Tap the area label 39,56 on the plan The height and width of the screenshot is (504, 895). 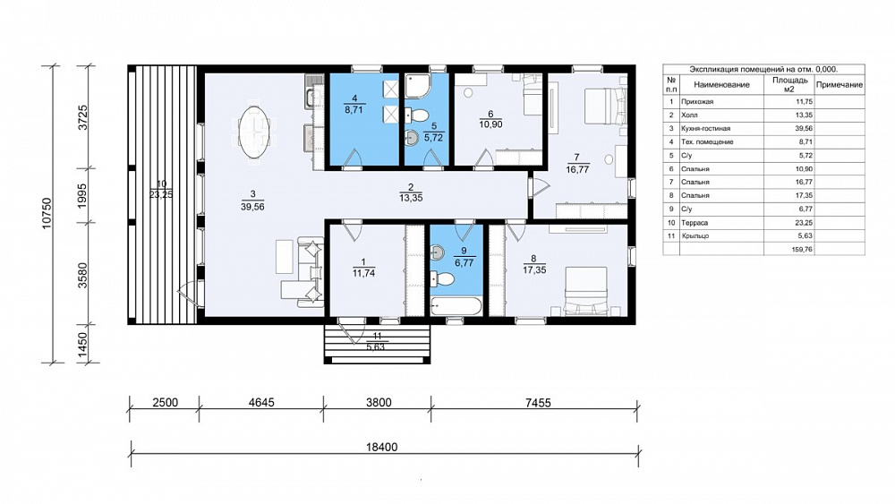pyautogui.click(x=252, y=207)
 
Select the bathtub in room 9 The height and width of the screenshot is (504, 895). pyautogui.click(x=456, y=306)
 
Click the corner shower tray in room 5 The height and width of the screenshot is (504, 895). pyautogui.click(x=419, y=85)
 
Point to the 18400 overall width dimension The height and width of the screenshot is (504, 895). pyautogui.click(x=381, y=447)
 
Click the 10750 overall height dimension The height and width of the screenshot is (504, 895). pyautogui.click(x=47, y=213)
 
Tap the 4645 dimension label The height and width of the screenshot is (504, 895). pyautogui.click(x=261, y=403)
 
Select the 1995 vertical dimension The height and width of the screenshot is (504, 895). pyautogui.click(x=82, y=195)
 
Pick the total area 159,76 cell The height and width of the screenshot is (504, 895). pyautogui.click(x=802, y=250)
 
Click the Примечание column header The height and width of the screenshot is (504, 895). pyautogui.click(x=840, y=84)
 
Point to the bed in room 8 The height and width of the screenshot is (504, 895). pyautogui.click(x=585, y=291)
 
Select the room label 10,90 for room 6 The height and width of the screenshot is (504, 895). pyautogui.click(x=490, y=124)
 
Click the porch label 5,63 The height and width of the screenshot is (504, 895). pyautogui.click(x=376, y=346)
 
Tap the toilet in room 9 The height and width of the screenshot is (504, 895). pyautogui.click(x=442, y=279)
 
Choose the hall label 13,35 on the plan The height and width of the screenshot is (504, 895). pyautogui.click(x=411, y=198)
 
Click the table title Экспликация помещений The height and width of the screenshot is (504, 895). pyautogui.click(x=736, y=69)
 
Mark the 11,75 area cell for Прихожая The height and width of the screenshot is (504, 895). pyautogui.click(x=804, y=101)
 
